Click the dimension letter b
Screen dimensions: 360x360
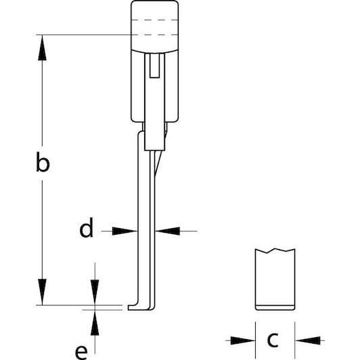(x=43, y=162)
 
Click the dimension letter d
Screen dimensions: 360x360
(x=87, y=227)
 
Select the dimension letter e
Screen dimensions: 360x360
(x=81, y=353)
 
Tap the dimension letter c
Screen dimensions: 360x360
(x=273, y=340)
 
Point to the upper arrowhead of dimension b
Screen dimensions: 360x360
(x=42, y=48)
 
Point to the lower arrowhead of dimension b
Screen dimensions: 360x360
(x=42, y=292)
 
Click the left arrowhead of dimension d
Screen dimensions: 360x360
(x=125, y=231)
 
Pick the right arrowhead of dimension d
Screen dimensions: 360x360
(x=168, y=231)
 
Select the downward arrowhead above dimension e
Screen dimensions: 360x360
(x=95, y=292)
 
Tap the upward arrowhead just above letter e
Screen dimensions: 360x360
(x=95, y=323)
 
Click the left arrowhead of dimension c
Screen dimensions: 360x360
(x=243, y=340)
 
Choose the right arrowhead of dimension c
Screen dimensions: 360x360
(x=307, y=340)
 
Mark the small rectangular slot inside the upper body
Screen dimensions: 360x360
(x=154, y=66)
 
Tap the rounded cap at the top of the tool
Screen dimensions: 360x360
(x=154, y=26)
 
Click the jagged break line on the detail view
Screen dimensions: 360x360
(x=275, y=251)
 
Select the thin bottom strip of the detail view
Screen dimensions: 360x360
(x=275, y=308)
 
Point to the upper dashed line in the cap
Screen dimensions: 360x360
(x=154, y=20)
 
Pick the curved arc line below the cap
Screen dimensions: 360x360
(x=154, y=51)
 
